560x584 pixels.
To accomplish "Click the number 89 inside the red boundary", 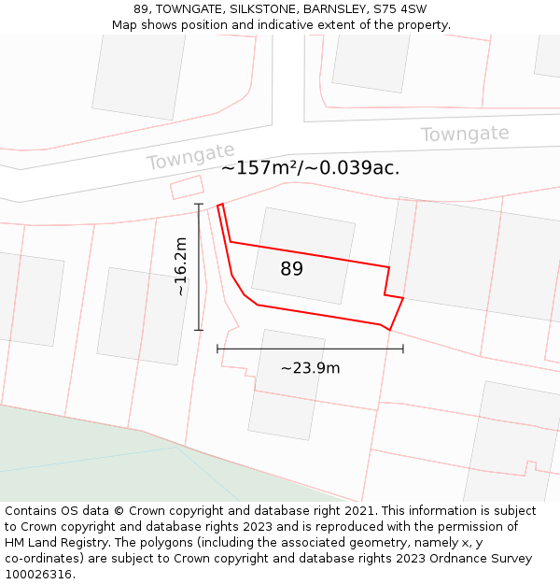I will [292, 269].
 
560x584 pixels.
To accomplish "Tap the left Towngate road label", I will [190, 157].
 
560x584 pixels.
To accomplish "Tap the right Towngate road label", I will [465, 135].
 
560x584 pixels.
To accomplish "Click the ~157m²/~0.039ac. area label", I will [310, 168].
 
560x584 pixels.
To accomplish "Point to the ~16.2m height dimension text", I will [180, 267].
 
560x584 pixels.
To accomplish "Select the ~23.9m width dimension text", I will [310, 368].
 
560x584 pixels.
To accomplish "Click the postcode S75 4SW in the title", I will [400, 9].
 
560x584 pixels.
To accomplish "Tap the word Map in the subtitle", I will [126, 25].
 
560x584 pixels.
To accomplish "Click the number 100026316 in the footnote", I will [39, 574].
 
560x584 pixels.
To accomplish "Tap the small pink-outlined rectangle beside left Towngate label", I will [187, 187].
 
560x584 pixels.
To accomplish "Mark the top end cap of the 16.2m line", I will [199, 204].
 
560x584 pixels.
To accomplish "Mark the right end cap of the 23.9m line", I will [403, 349].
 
